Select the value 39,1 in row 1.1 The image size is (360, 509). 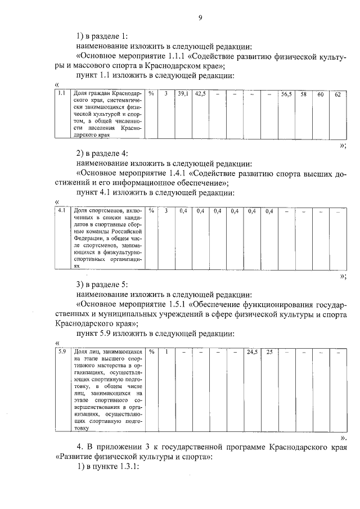click(183, 93)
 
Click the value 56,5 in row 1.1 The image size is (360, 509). click(286, 94)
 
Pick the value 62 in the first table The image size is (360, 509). click(337, 94)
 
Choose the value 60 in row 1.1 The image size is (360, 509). click(320, 94)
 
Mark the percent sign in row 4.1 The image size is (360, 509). click(151, 211)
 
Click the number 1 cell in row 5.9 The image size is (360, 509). click(166, 352)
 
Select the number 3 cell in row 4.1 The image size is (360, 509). click(166, 211)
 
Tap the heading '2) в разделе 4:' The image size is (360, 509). click(103, 153)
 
